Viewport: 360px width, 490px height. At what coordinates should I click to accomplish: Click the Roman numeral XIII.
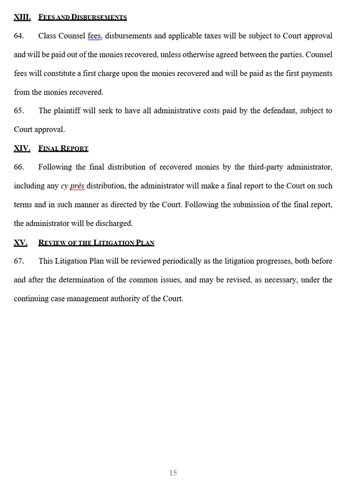[22, 17]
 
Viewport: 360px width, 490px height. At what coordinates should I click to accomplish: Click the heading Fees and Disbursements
[82, 17]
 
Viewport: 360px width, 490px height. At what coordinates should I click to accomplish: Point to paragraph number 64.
[19, 36]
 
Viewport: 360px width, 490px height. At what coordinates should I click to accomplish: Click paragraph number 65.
[19, 111]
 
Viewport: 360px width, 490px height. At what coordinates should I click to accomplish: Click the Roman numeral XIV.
[22, 148]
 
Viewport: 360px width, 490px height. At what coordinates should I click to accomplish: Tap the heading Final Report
[63, 148]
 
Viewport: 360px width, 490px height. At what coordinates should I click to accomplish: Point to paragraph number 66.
[19, 167]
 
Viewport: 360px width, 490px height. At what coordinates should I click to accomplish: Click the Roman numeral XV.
[20, 243]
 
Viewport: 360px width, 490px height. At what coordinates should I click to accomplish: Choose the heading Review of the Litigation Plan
[96, 243]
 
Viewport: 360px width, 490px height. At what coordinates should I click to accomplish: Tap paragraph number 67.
[19, 261]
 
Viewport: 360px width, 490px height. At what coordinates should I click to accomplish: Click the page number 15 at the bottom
[173, 473]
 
